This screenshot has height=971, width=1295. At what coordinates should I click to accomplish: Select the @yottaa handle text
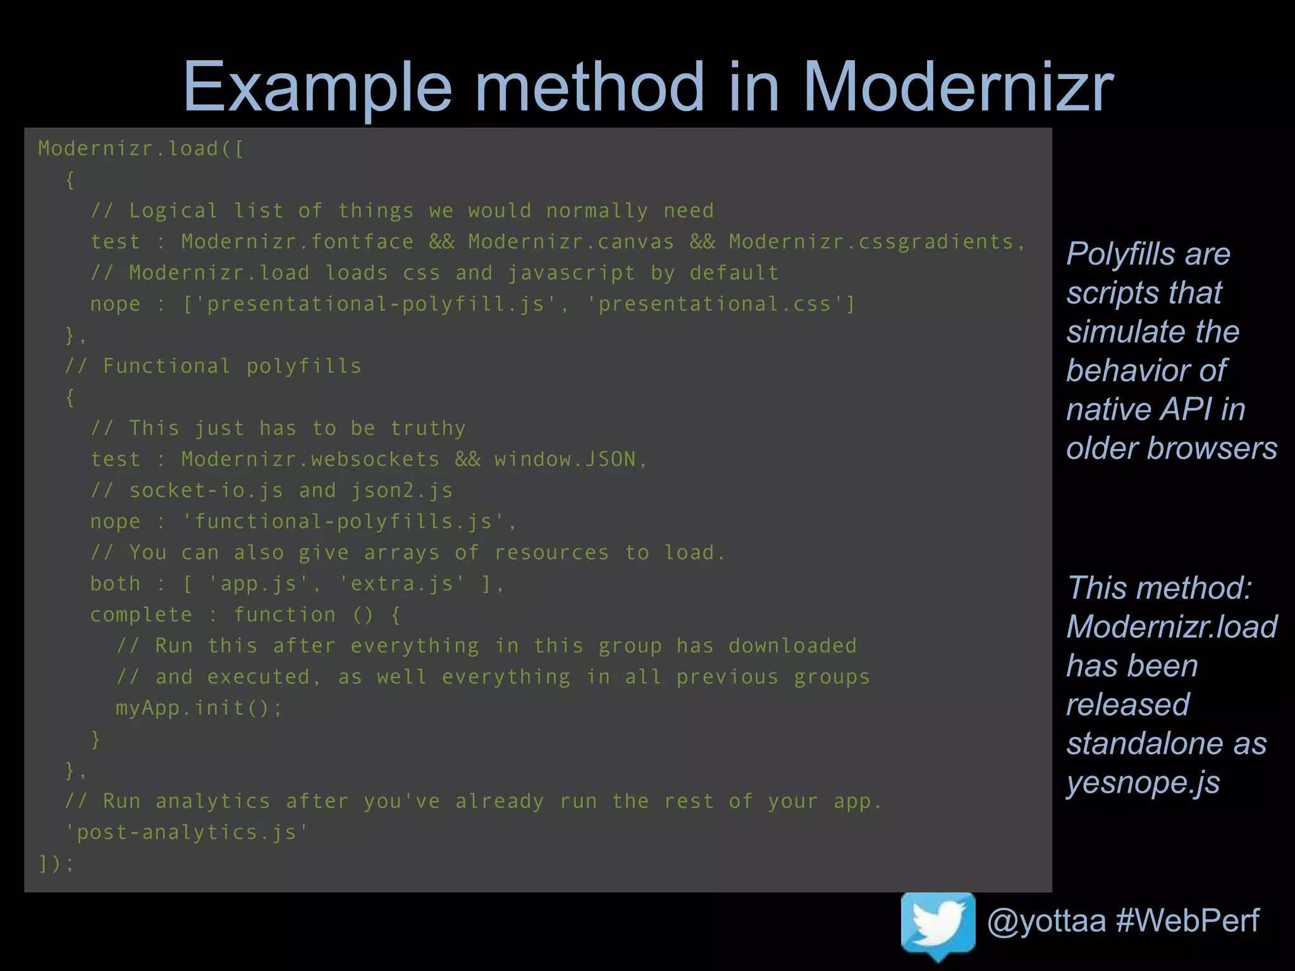[1046, 920]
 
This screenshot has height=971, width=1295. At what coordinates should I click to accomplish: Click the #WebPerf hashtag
[1188, 920]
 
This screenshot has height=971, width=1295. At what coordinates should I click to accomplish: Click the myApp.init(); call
[199, 708]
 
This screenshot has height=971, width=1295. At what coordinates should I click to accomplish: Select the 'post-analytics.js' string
[187, 833]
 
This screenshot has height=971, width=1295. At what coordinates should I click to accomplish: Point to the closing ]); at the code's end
[56, 864]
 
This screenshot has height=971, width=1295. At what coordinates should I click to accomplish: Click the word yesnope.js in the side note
[1143, 783]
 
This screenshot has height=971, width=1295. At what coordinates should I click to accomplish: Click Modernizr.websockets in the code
[310, 460]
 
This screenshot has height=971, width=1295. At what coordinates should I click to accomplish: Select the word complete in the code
[141, 615]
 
